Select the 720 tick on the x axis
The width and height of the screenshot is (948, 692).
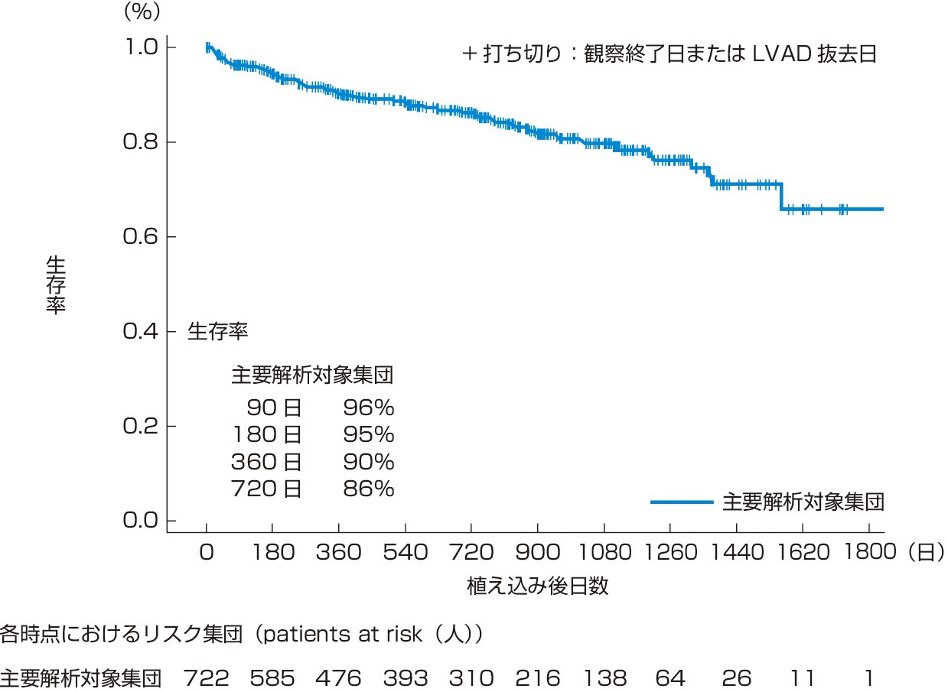tap(471, 551)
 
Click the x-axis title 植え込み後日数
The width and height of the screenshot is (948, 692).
tap(538, 586)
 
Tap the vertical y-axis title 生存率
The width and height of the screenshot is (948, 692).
tap(56, 284)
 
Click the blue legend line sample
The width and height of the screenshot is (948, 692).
tap(682, 502)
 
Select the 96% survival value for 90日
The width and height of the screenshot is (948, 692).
tap(369, 408)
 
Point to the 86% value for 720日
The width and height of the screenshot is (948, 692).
tap(369, 489)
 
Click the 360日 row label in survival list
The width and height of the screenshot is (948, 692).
tap(266, 462)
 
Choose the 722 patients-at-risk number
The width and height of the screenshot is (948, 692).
tap(206, 678)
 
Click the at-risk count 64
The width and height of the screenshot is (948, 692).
tap(670, 678)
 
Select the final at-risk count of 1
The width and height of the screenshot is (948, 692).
tap(868, 678)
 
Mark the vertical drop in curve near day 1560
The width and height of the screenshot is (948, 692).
tap(781, 196)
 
